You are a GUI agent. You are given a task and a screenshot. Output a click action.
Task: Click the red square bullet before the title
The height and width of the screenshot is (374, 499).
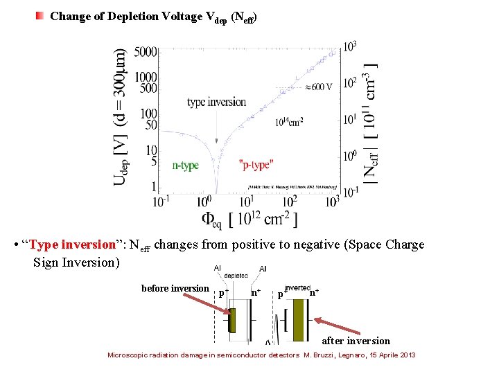(40, 15)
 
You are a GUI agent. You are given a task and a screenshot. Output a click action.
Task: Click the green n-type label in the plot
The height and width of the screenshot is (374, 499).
(186, 165)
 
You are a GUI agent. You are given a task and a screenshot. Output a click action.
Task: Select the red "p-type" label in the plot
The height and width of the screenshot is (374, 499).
(256, 165)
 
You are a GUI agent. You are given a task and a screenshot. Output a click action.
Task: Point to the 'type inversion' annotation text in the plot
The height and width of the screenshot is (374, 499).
(216, 103)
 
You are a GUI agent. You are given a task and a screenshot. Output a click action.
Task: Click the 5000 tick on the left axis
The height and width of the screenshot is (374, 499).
(146, 52)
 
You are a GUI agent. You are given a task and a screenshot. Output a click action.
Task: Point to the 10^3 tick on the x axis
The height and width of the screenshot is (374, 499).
(333, 202)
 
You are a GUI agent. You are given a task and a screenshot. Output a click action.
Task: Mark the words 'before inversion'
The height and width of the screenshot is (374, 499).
(175, 289)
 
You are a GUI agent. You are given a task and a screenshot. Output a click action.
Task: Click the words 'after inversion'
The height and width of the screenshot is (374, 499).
(356, 341)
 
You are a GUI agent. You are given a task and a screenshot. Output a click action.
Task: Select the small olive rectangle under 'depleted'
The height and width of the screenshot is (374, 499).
(233, 320)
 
